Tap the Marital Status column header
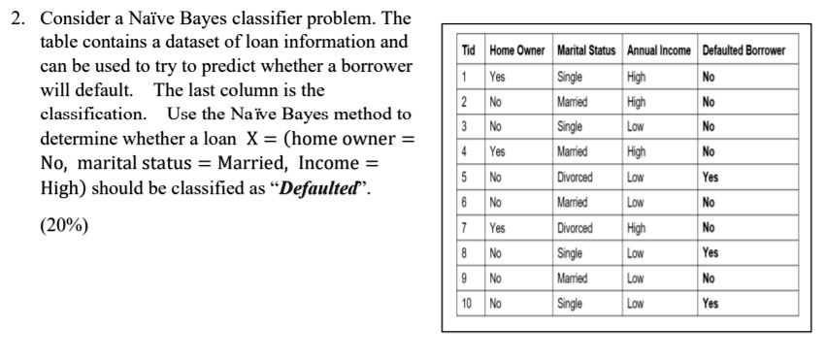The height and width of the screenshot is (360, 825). (x=588, y=51)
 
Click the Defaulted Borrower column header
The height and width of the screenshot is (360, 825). (x=744, y=51)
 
